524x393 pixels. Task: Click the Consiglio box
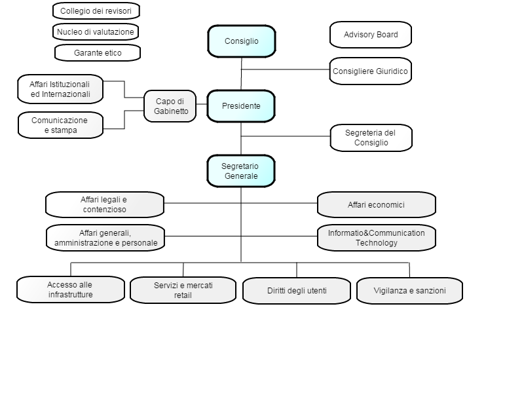tap(242, 41)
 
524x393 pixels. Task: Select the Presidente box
tap(241, 106)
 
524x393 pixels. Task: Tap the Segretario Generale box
tap(241, 171)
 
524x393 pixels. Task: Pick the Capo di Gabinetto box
tap(170, 106)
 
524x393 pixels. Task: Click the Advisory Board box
tap(371, 35)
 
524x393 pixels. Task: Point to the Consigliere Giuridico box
tap(370, 71)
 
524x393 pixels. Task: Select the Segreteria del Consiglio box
tap(371, 138)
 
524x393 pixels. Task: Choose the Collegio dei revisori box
tap(96, 10)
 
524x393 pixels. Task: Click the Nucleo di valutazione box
tap(95, 31)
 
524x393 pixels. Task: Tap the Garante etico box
tap(97, 53)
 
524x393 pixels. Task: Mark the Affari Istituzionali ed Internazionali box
tap(60, 89)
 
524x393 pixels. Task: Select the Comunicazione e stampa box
tap(60, 125)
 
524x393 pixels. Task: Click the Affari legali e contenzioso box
tap(105, 204)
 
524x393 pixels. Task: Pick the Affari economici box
tap(376, 204)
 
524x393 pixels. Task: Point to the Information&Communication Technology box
tap(376, 238)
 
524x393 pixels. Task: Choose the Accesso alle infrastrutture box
tap(71, 290)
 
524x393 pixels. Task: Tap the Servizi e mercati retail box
tap(183, 290)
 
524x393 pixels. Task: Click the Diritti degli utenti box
tap(297, 291)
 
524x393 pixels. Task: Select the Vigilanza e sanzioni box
tap(409, 291)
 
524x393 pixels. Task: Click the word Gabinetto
tap(171, 111)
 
